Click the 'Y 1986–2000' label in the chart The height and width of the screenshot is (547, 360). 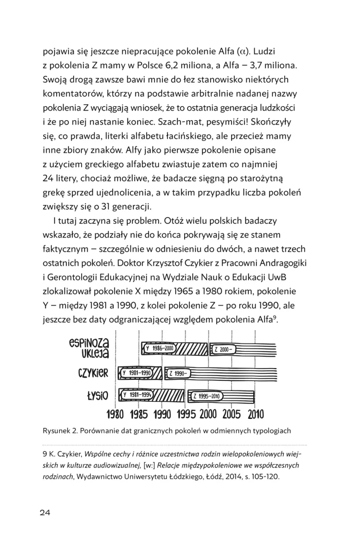[159, 349]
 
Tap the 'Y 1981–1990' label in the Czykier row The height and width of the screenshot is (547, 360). [137, 372]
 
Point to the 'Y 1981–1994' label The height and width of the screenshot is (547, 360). [138, 395]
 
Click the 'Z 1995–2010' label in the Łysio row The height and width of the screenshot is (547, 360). [207, 396]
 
